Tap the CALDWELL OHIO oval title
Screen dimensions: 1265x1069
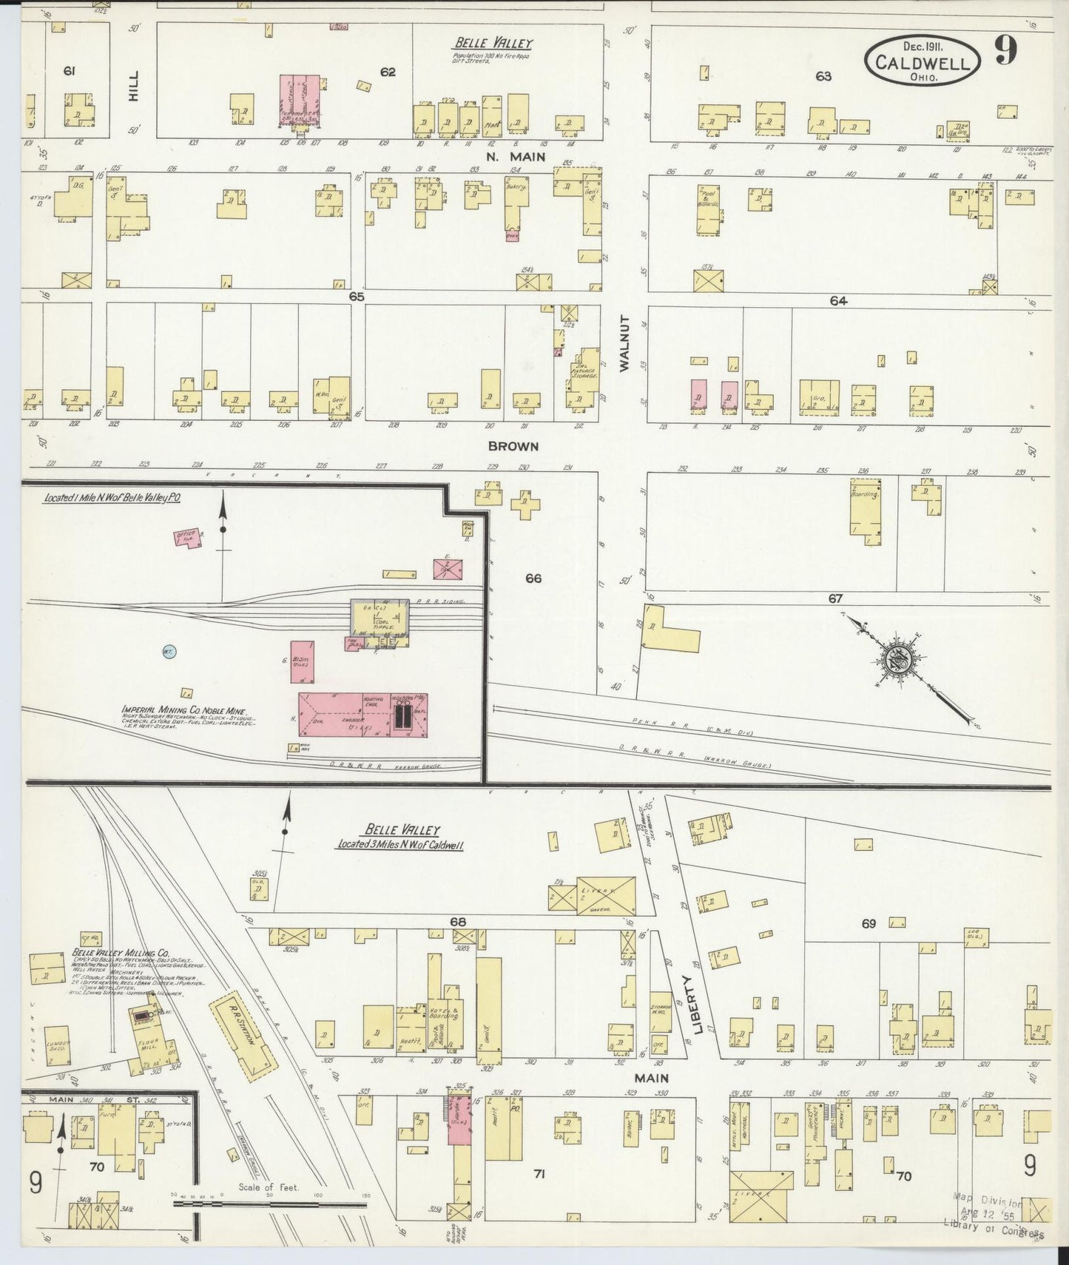(922, 62)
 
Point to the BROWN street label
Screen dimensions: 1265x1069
(513, 447)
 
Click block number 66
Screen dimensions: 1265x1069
(533, 578)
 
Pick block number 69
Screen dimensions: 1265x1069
(869, 923)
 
